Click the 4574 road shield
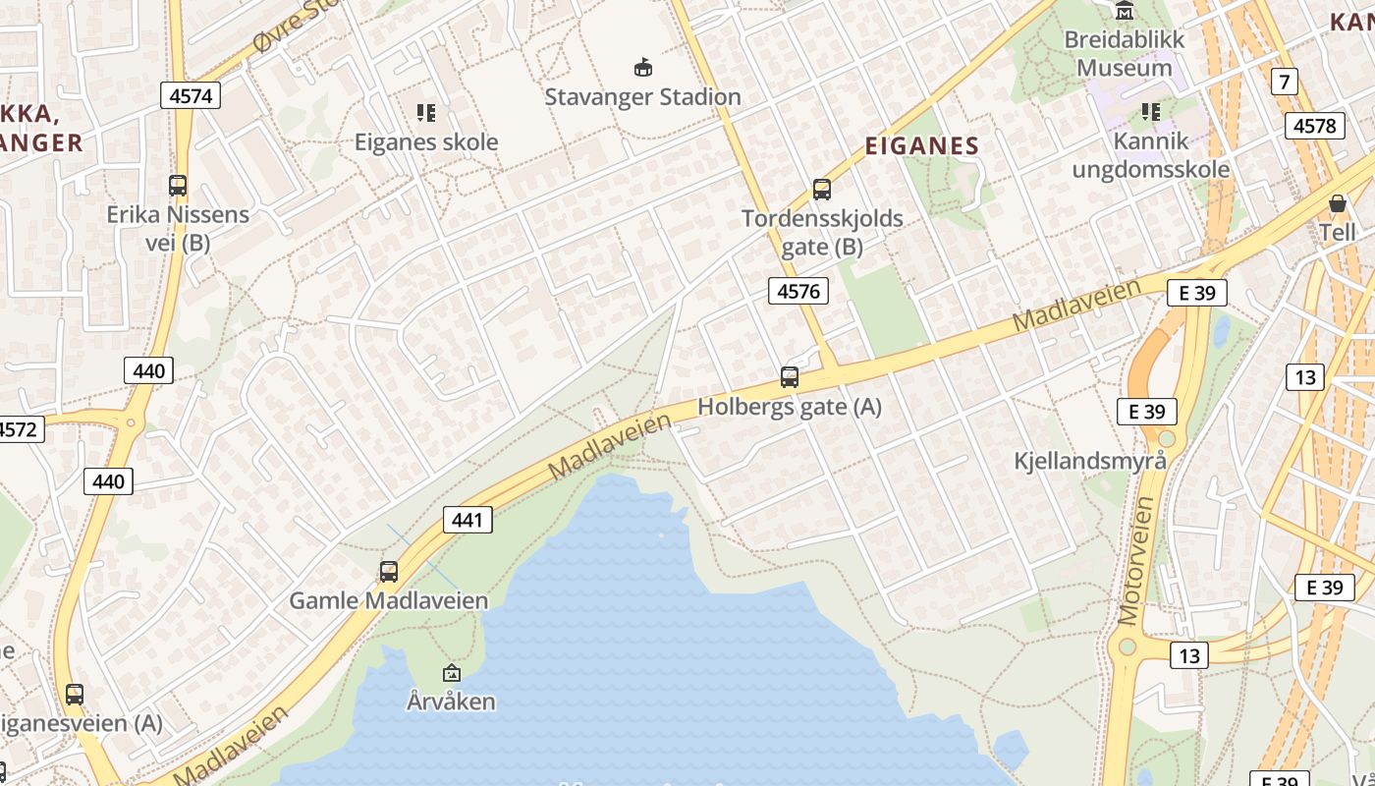(x=191, y=95)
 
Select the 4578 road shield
(x=1314, y=126)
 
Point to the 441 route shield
(x=467, y=520)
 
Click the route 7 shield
(x=1284, y=82)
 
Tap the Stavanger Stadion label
(x=642, y=96)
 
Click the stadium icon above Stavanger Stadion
(x=643, y=67)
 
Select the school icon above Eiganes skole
(x=426, y=113)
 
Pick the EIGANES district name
(x=922, y=146)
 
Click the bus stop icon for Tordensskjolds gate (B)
(x=822, y=190)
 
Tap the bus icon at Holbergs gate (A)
(x=790, y=377)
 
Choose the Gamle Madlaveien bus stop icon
(x=389, y=572)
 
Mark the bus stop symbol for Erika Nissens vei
(x=178, y=185)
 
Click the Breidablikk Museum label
(x=1125, y=54)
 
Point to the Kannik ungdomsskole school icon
(x=1151, y=113)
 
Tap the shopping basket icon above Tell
(x=1337, y=204)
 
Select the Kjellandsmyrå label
(x=1090, y=461)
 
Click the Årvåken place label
(x=451, y=702)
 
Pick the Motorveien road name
(x=1136, y=560)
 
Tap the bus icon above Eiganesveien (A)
(x=75, y=695)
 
